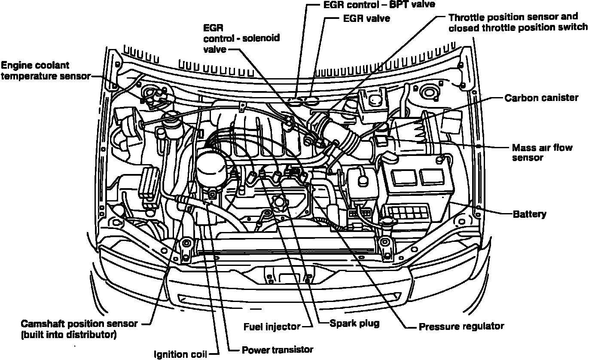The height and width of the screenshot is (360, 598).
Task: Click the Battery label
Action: [x=530, y=214]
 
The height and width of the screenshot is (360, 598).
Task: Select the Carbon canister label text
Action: [x=541, y=98]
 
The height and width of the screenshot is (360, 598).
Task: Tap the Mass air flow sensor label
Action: [x=542, y=153]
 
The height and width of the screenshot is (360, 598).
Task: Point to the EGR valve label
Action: [x=366, y=19]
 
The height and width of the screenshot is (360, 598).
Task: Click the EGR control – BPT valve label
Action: [x=378, y=5]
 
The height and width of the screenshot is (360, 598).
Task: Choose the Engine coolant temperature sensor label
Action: [x=45, y=70]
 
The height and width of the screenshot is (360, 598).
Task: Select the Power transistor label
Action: [x=278, y=349]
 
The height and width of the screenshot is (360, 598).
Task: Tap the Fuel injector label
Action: [x=272, y=326]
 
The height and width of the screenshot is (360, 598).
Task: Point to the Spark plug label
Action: [x=354, y=323]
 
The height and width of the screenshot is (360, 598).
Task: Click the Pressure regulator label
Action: [x=461, y=326]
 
